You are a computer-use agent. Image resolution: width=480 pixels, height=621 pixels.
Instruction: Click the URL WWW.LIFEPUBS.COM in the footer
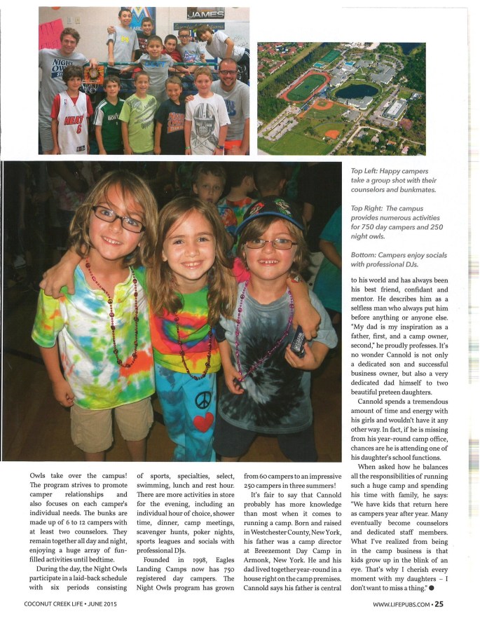tap(401, 605)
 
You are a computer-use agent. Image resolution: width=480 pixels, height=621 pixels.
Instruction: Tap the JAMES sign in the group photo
tap(205, 13)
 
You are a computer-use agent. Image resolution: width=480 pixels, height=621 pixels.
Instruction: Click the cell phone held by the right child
tap(298, 341)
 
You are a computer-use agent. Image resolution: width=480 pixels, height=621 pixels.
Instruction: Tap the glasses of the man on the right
tap(227, 71)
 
